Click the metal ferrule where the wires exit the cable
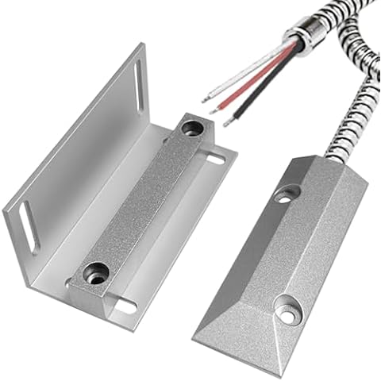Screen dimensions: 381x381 point(300,36)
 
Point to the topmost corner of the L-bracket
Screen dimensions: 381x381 point(140,44)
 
